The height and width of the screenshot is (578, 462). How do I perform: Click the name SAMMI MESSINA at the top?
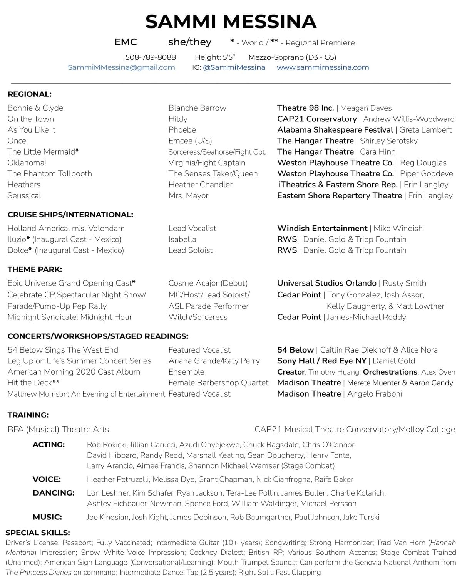231,22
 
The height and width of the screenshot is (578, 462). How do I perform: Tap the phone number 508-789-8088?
151,57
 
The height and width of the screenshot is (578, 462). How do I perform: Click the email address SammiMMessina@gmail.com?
121,67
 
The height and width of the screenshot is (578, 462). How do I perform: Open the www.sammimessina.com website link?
323,67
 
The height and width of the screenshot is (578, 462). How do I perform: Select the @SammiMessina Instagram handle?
234,67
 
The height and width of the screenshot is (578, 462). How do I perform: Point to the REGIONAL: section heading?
29,94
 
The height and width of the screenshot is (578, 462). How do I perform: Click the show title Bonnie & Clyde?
35,108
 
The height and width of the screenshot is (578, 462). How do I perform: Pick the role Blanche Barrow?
197,108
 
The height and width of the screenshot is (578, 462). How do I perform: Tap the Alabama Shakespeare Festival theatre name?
335,130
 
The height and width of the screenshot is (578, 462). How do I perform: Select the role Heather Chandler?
200,185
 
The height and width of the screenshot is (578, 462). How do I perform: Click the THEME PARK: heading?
35,269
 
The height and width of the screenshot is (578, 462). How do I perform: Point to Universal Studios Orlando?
326,283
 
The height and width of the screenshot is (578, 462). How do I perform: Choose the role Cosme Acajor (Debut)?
208,283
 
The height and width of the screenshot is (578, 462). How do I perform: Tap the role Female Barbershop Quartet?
218,383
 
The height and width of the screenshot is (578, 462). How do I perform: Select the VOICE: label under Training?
47,479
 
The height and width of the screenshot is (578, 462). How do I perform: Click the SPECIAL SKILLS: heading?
38,533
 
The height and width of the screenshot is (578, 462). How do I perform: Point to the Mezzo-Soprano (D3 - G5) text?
292,57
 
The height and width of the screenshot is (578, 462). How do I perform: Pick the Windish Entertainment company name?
322,229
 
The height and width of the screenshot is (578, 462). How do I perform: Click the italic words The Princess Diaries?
38,572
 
